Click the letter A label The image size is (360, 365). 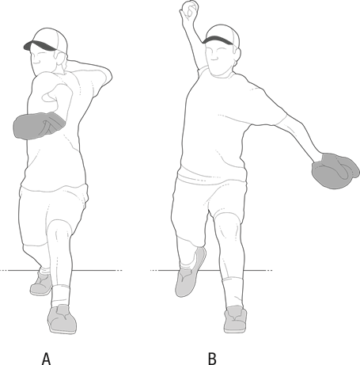point(46,359)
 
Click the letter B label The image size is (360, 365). point(212,359)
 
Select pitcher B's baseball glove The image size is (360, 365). point(335,171)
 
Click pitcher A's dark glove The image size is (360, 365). point(39,126)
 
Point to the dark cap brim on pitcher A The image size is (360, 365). point(40,46)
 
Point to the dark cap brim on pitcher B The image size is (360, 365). point(218,40)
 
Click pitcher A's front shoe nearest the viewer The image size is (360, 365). point(63,320)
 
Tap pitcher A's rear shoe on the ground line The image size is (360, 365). point(42,283)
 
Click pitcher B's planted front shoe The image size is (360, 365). point(235,320)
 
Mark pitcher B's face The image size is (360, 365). point(219,58)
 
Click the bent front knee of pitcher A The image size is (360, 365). point(60,230)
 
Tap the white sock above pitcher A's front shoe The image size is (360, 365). point(61,295)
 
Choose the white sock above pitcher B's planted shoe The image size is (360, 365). point(233,291)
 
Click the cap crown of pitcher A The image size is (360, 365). point(51,38)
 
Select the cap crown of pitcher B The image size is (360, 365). point(224,34)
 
